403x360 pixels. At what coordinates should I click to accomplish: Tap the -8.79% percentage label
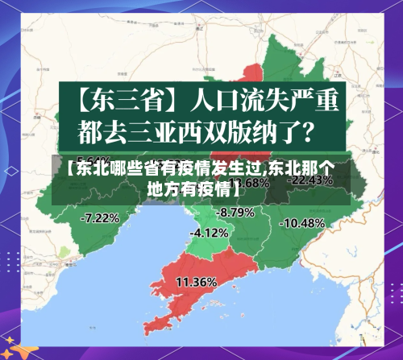[x=236, y=212]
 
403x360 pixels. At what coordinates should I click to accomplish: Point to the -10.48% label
[x=302, y=222]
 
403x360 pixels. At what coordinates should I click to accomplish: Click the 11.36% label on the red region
[x=196, y=282]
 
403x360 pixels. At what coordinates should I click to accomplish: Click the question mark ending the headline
[x=318, y=128]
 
